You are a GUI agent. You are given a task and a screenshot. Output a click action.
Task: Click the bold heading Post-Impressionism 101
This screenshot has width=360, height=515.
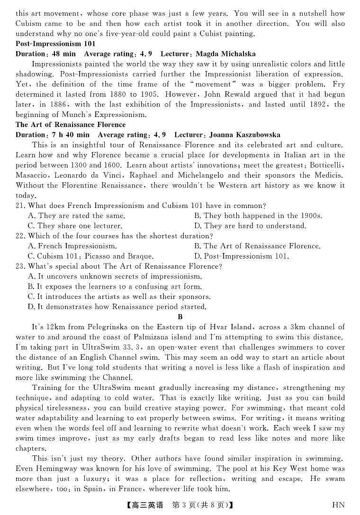coord(55,44)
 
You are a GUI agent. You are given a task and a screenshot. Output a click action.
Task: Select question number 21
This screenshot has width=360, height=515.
coord(20,206)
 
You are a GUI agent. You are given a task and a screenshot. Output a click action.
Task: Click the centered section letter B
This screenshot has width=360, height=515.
coord(180,317)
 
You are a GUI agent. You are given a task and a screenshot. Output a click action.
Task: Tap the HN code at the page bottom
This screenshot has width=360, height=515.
coord(338,505)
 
